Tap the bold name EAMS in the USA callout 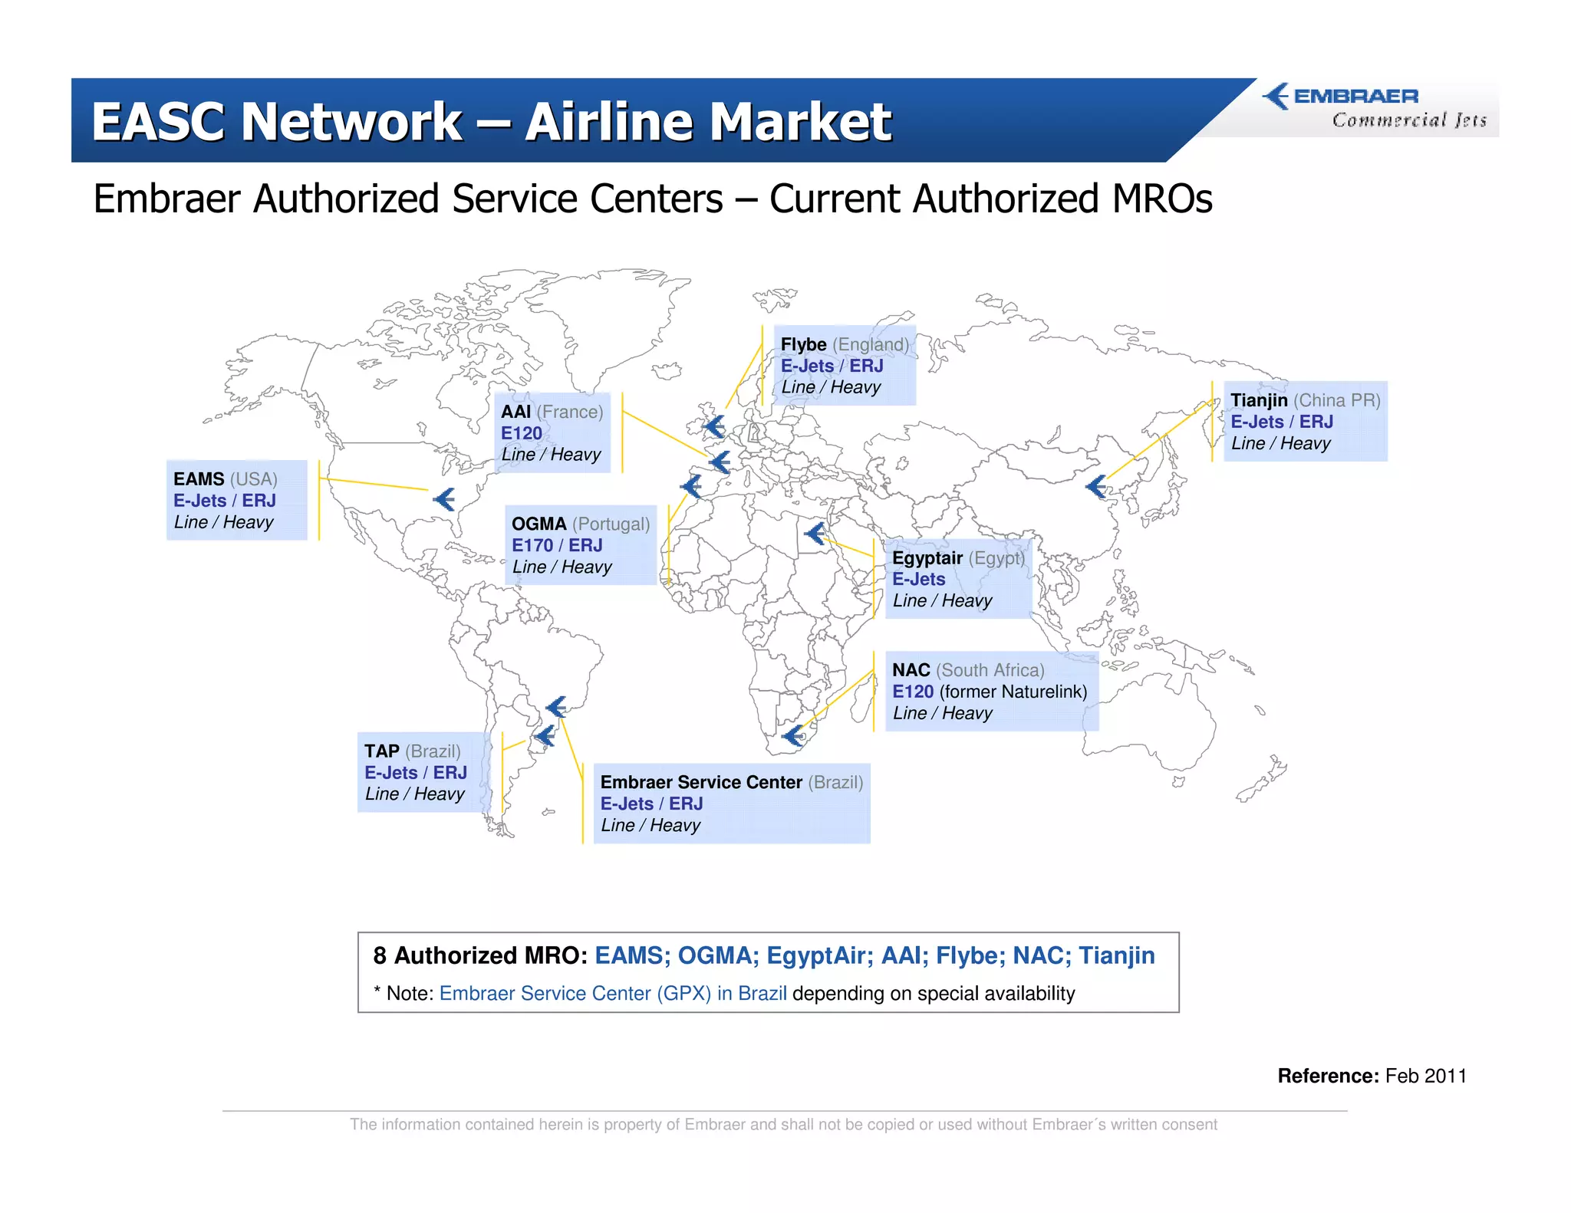click(199, 479)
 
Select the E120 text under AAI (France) click(522, 433)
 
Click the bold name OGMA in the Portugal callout click(538, 524)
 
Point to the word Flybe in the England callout click(803, 344)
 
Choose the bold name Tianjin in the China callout click(1259, 400)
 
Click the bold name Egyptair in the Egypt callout click(927, 557)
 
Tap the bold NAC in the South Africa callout click(911, 670)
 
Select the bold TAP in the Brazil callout click(381, 751)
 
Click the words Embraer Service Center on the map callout click(700, 782)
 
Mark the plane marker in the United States click(445, 499)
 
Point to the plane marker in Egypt click(815, 532)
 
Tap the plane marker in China click(1097, 486)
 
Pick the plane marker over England click(715, 426)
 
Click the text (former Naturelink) click(1013, 692)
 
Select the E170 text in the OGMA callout click(532, 545)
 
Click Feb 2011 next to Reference click(1425, 1076)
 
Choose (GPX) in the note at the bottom click(683, 994)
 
